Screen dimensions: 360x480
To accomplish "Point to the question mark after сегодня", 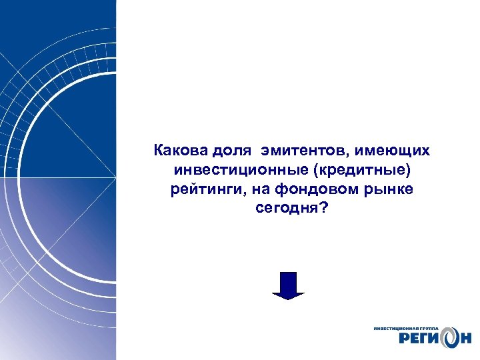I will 324,209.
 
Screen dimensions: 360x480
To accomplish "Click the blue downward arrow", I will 287,285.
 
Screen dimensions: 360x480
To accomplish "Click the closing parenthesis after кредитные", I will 401,170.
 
